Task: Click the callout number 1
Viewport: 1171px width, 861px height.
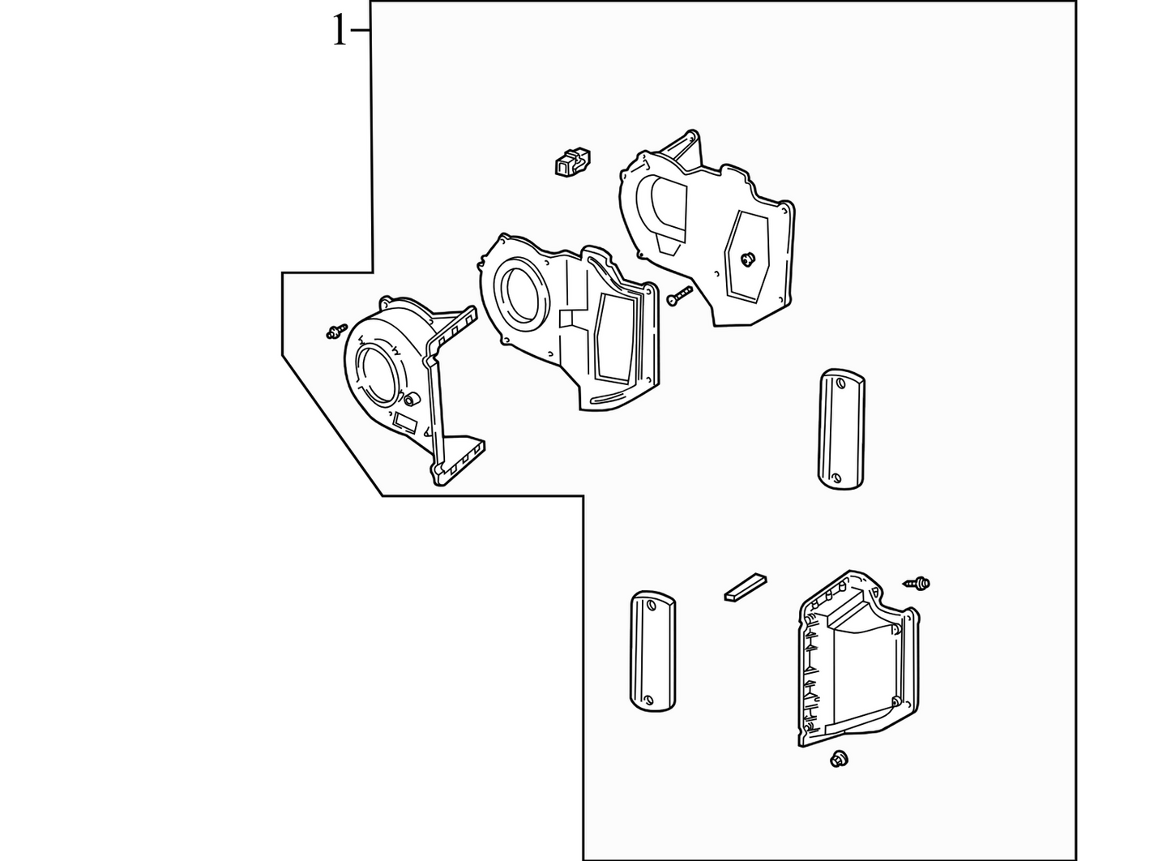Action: coord(340,30)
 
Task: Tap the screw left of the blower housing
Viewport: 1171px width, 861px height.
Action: coord(336,331)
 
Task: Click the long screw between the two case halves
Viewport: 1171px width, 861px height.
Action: coord(680,296)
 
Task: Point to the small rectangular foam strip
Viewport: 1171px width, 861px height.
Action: coord(746,588)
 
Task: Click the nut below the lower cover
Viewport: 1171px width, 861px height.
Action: coord(839,759)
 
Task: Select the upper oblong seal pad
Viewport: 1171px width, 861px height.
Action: coord(841,429)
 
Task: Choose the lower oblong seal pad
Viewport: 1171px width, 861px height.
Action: coord(653,651)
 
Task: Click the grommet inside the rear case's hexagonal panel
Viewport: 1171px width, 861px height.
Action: coord(748,258)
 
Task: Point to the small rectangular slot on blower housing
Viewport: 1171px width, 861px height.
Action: coord(405,422)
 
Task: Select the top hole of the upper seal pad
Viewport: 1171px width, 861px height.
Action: coord(840,383)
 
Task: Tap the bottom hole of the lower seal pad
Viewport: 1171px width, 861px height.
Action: coord(649,700)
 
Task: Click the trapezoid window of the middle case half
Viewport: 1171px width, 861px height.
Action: coord(615,338)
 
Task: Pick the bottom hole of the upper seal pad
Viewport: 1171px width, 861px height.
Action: coord(836,478)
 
